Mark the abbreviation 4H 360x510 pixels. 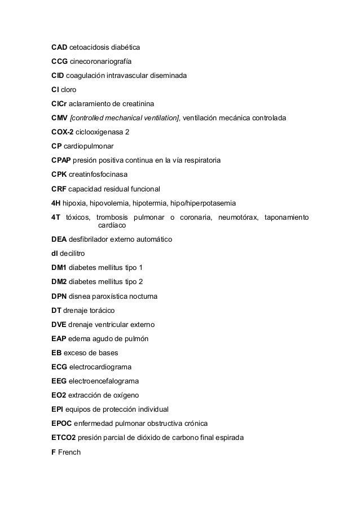tap(56, 203)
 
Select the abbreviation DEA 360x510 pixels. tap(59, 240)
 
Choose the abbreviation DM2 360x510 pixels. tap(59, 282)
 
